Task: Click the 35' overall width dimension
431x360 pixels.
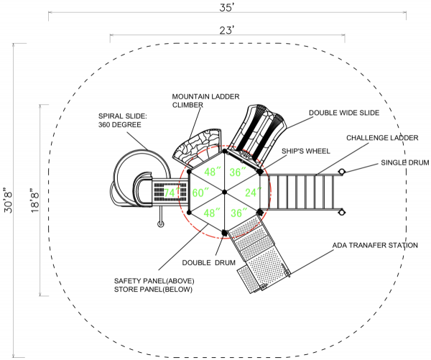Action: coord(226,7)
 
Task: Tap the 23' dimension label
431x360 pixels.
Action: coord(227,30)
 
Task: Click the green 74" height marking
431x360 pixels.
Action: coord(172,193)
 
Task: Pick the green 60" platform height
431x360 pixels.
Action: coord(200,193)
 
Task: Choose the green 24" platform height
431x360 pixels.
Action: coord(253,193)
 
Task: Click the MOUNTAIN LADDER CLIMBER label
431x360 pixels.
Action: coord(205,101)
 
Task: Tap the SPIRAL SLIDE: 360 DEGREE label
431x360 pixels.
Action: coord(123,121)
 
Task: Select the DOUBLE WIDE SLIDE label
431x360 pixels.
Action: coord(344,113)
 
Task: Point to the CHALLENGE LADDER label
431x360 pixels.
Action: coord(382,138)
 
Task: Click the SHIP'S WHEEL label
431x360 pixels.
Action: coord(306,151)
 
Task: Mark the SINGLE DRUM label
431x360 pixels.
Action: coord(405,162)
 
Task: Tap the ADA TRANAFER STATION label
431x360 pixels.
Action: coord(375,245)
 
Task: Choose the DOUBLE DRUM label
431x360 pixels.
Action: coord(208,263)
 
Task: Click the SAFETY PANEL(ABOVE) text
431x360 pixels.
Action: coord(154,281)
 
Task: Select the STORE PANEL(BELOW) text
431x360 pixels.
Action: coord(153,290)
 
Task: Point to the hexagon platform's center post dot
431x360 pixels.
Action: coord(225,192)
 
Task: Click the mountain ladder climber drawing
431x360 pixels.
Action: coord(197,148)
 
